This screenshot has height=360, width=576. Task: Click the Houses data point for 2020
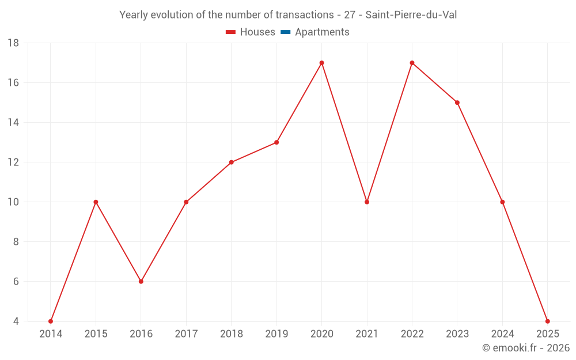click(x=321, y=63)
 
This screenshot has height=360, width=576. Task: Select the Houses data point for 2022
click(x=412, y=63)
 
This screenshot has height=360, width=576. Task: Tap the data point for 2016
click(x=141, y=282)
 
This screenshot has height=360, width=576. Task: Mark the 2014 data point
click(x=51, y=321)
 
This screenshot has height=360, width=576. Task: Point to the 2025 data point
click(x=547, y=321)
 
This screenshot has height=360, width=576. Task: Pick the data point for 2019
click(x=276, y=142)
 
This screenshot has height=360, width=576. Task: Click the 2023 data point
click(x=457, y=103)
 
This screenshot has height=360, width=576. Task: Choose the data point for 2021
click(x=367, y=202)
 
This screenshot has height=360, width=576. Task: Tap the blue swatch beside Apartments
click(x=285, y=32)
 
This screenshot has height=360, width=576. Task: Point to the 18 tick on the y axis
click(x=13, y=43)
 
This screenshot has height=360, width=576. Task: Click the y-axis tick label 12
click(x=13, y=162)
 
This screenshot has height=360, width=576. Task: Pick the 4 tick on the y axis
click(x=16, y=321)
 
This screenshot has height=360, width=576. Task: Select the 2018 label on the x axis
click(x=232, y=334)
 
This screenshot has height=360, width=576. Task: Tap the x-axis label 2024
click(x=502, y=334)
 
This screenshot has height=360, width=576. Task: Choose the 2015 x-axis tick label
click(x=96, y=334)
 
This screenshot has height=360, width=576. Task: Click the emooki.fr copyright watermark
click(x=526, y=348)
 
